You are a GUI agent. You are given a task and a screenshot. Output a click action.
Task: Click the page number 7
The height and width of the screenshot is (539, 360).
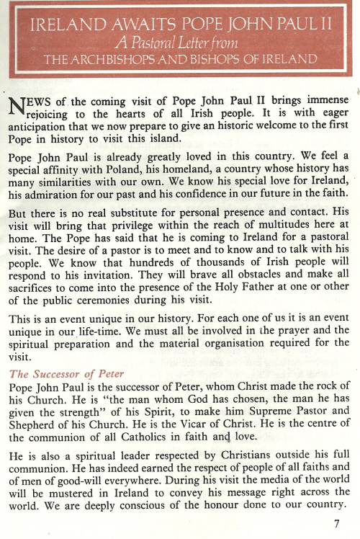click(x=336, y=524)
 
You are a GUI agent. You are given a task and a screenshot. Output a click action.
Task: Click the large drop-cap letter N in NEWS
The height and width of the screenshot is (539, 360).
click(x=16, y=106)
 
